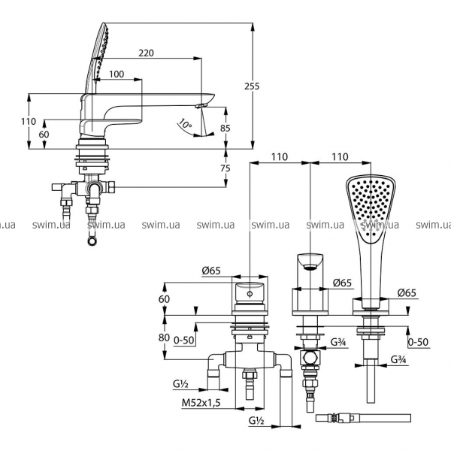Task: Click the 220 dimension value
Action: point(148,53)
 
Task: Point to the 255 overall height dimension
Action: point(252,86)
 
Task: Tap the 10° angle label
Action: point(185,123)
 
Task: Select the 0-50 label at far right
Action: point(417,341)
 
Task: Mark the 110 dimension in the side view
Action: point(29,122)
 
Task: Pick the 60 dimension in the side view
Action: point(44,133)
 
